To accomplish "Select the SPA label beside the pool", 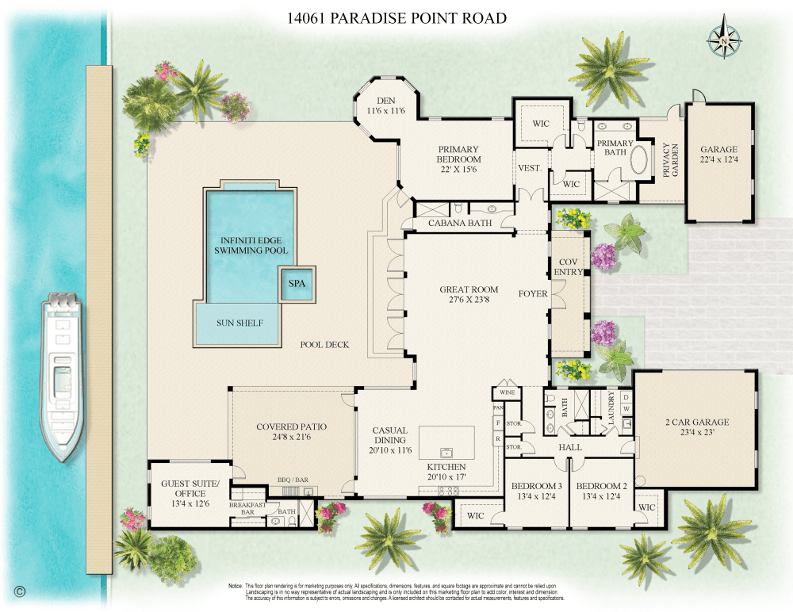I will click(x=297, y=283).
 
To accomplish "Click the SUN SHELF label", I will click(x=239, y=323).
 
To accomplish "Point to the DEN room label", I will click(x=385, y=105).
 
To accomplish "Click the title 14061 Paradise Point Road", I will click(x=397, y=18).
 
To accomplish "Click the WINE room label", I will click(x=507, y=392).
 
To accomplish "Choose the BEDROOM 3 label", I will click(x=536, y=492).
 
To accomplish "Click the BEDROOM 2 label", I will click(x=602, y=492).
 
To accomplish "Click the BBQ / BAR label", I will click(x=292, y=480).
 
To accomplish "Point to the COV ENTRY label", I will click(x=570, y=266).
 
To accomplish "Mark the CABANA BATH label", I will click(x=460, y=223).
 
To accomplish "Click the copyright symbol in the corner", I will click(x=20, y=591).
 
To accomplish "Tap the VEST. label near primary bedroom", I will click(x=529, y=168).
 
